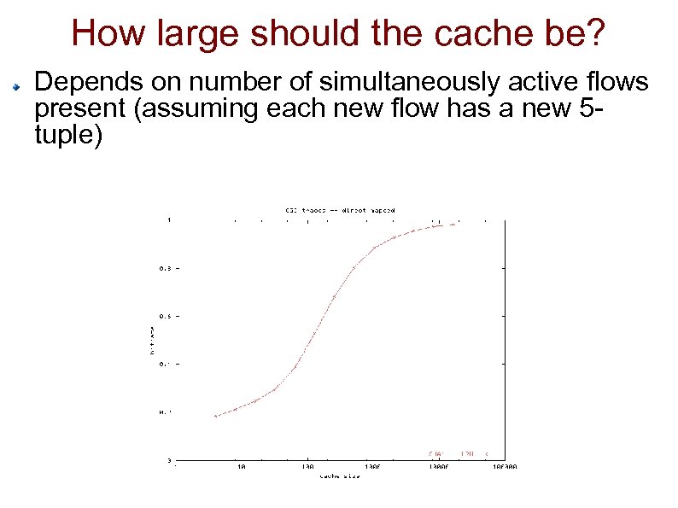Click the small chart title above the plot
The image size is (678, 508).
tap(339, 209)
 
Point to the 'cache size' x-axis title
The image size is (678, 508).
tap(339, 476)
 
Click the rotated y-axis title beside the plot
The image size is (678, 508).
tap(152, 340)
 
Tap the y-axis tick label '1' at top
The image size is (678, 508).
tap(169, 219)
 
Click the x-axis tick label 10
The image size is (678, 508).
tap(242, 467)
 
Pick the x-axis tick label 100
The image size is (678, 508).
tap(307, 467)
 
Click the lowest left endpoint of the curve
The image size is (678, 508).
tap(216, 416)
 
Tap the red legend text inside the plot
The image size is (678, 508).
tap(457, 453)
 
